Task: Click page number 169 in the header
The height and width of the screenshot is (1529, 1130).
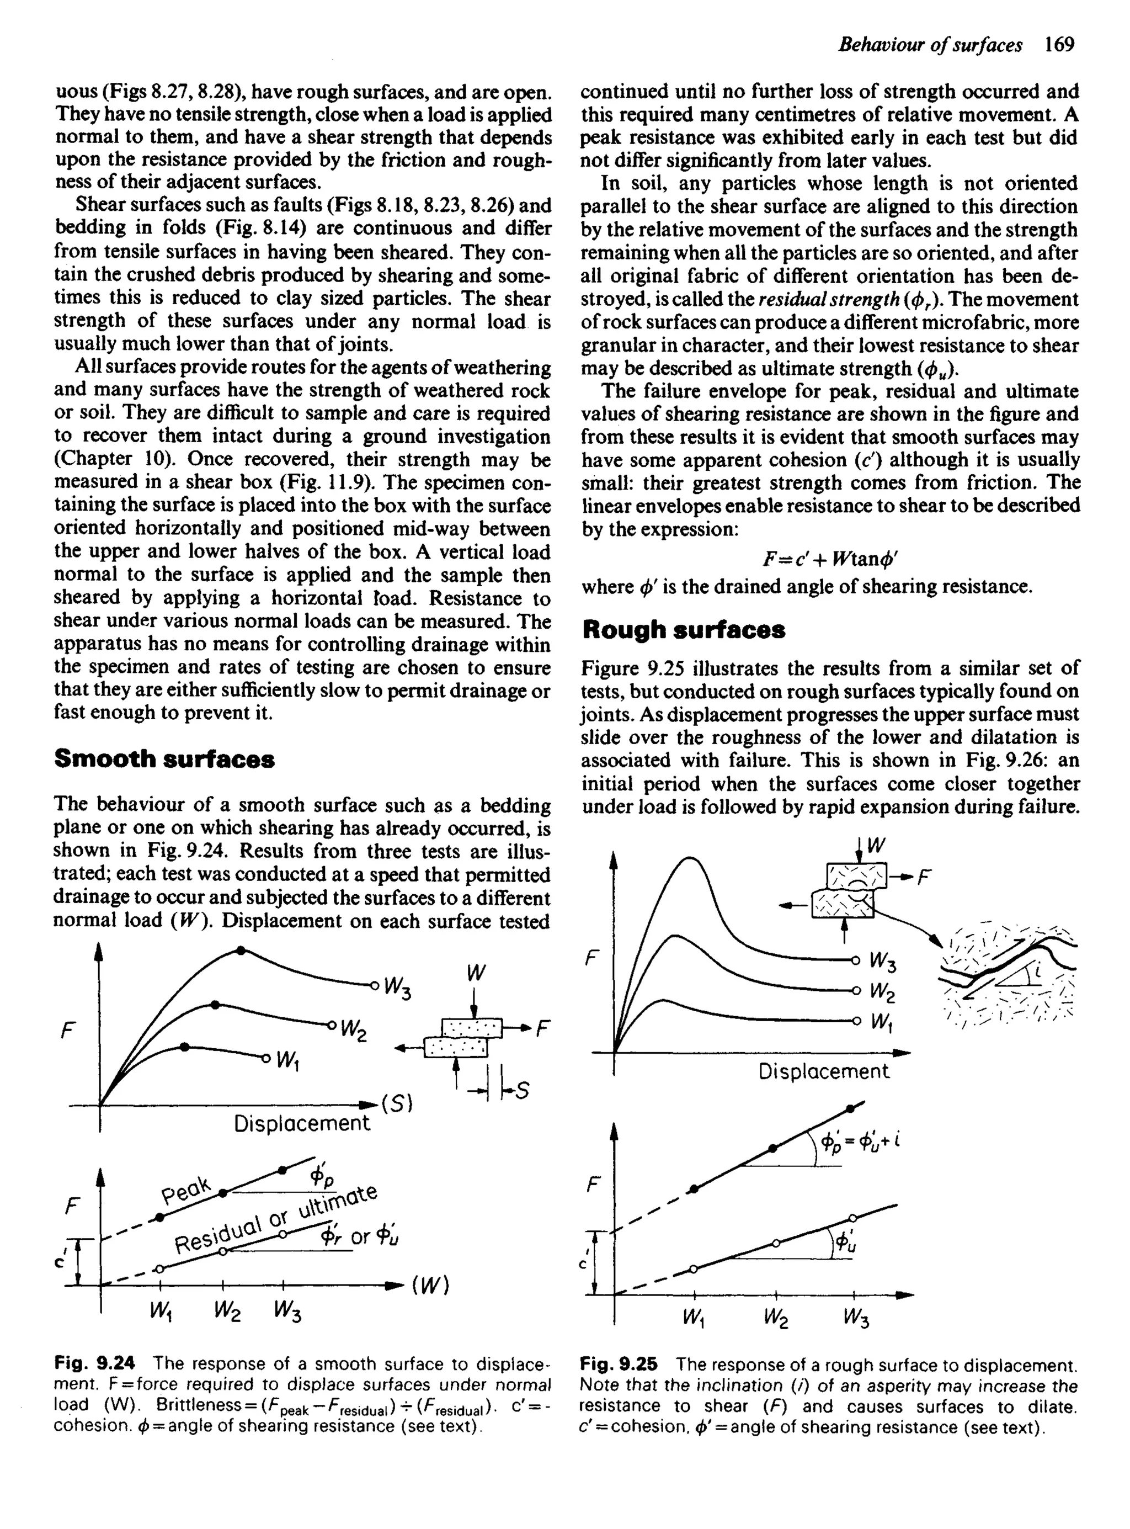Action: pyautogui.click(x=1059, y=45)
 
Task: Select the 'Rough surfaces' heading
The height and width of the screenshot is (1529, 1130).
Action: pyautogui.click(x=683, y=629)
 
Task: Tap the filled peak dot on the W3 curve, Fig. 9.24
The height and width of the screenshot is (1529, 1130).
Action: pyautogui.click(x=240, y=950)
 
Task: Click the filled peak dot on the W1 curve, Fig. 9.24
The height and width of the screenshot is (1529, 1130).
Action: pyautogui.click(x=185, y=1047)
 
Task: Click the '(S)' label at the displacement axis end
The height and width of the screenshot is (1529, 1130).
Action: pyautogui.click(x=397, y=1103)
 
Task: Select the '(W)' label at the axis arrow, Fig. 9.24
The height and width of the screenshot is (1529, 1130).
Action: pyautogui.click(x=430, y=1286)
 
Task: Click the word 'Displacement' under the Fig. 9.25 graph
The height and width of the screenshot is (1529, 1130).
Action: pyautogui.click(x=824, y=1071)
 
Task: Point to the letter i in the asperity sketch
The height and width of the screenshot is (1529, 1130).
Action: pyautogui.click(x=1036, y=971)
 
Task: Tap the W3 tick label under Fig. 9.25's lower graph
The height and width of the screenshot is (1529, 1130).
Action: pyautogui.click(x=856, y=1317)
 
